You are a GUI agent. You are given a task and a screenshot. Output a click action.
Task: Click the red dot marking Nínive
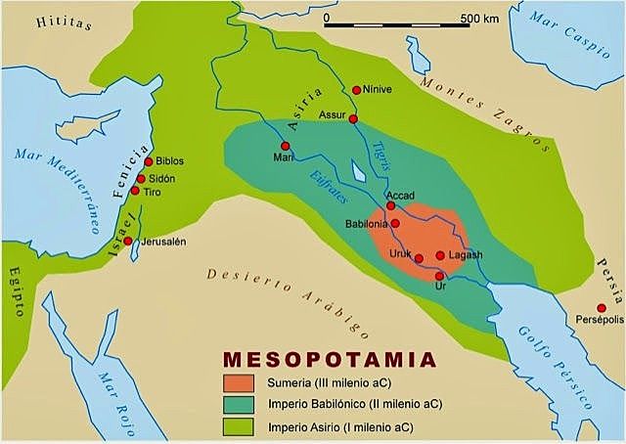point(356,88)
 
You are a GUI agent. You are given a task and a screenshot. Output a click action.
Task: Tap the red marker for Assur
point(350,115)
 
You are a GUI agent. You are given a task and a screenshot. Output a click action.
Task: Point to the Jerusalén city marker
point(127,240)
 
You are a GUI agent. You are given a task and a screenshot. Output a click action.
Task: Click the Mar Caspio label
point(573,45)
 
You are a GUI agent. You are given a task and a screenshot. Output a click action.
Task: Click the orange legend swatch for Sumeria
point(240,380)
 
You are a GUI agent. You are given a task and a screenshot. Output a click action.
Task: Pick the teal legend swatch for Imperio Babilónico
point(240,404)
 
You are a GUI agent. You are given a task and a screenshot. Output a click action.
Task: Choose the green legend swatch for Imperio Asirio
point(240,427)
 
